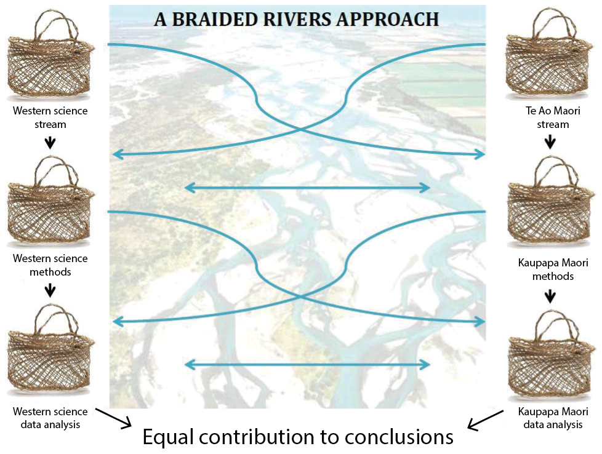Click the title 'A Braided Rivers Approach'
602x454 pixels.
[296, 18]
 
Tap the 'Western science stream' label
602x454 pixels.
[50, 117]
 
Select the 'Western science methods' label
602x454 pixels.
[50, 265]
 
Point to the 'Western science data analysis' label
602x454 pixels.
[50, 418]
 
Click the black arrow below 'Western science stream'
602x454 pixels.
[50, 143]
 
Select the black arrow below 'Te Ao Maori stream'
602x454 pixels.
[551, 143]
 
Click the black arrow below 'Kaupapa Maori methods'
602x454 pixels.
[551, 297]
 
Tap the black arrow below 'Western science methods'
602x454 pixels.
[50, 290]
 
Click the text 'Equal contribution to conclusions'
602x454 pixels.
[298, 436]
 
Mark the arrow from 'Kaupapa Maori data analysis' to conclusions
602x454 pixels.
[483, 422]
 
